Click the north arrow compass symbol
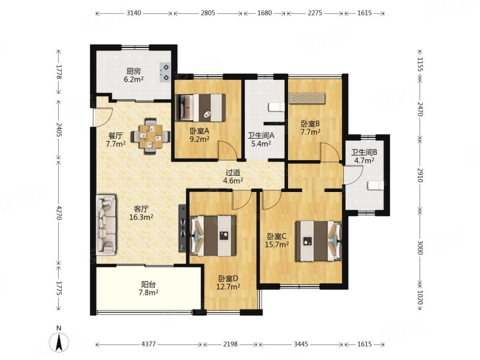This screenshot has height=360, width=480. pos(59,340)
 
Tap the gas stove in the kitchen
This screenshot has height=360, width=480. pos(165,72)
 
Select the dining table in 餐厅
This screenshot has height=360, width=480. pos(150,137)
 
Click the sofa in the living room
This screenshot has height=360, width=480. pos(106,224)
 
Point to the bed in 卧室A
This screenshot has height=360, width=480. pos(201,108)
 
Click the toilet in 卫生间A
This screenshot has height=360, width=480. pos(277,107)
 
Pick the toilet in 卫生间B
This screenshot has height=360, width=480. pos(376,185)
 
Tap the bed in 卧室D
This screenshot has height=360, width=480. pos(213,236)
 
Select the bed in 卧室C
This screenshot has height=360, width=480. pos(319,241)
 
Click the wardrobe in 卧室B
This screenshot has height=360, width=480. pos(307,98)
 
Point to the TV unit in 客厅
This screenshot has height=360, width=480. pos(182,229)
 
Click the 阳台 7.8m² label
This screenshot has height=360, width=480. pos(148,289)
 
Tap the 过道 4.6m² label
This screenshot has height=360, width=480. pos(233,176)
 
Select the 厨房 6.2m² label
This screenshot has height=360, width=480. pos(134,76)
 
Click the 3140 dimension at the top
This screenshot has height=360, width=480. pos(134,13)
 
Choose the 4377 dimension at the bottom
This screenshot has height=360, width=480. pos(149,344)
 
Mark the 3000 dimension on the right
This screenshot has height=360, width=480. pos(420,247)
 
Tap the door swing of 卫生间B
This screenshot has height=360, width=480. pos(353,175)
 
